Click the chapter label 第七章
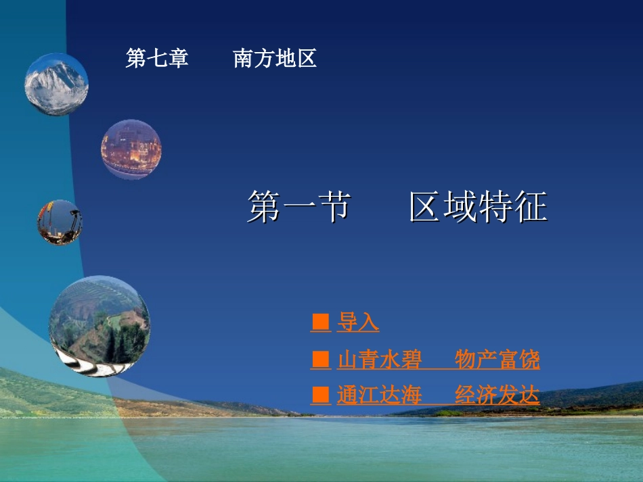tap(157, 57)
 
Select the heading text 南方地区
tap(275, 57)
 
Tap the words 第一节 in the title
tap(299, 206)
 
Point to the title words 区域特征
tap(479, 206)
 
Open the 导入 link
tap(358, 322)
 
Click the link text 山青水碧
tap(379, 360)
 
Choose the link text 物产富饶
tap(497, 360)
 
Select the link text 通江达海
tap(379, 395)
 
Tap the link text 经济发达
tap(497, 395)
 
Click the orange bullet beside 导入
tap(321, 322)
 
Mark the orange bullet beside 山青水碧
tap(321, 360)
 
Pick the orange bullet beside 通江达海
tap(321, 395)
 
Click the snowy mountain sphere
tap(56, 85)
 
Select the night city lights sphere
tap(131, 149)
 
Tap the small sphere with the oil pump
tap(60, 223)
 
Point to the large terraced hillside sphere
tap(99, 326)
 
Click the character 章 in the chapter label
tap(178, 57)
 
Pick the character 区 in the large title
tap(426, 206)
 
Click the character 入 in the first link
tap(369, 322)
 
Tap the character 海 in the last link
tap(412, 395)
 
